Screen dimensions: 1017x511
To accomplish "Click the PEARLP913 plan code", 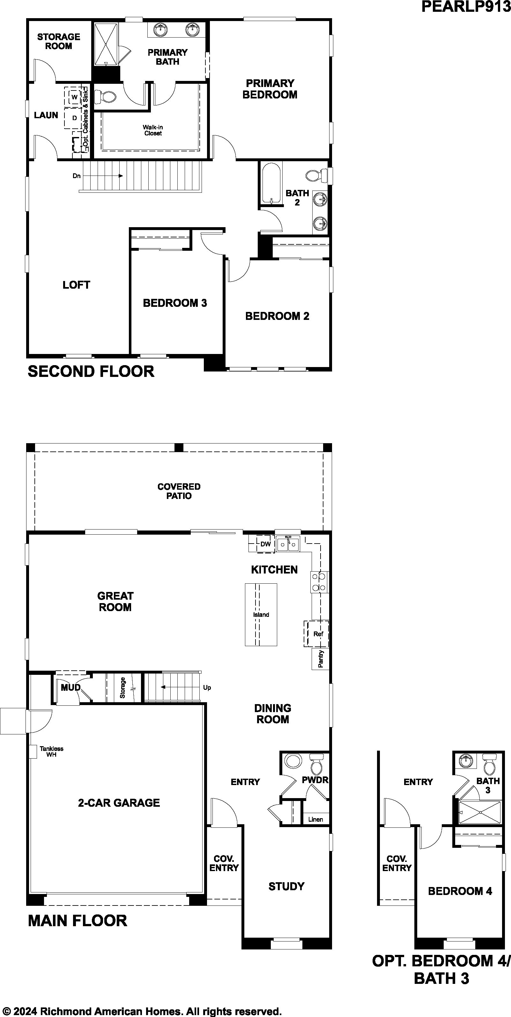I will [x=466, y=7].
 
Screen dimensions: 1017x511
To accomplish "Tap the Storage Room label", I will [x=58, y=41].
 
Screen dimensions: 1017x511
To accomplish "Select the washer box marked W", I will [x=74, y=96].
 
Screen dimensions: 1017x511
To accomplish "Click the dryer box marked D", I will [x=74, y=118].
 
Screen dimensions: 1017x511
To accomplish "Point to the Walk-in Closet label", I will [x=153, y=130].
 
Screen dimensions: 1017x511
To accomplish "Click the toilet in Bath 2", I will [x=316, y=176].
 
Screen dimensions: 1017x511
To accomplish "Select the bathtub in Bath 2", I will [x=271, y=184].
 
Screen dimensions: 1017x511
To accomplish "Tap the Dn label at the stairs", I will [x=76, y=176].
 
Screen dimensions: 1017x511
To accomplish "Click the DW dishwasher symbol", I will [x=266, y=544].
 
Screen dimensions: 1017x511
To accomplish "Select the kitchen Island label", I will [x=261, y=615].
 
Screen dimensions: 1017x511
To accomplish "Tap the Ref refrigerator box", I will [x=318, y=634].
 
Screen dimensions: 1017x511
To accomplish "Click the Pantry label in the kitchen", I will [x=321, y=659].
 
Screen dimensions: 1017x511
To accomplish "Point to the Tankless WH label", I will [x=51, y=751].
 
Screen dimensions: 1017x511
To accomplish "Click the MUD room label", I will [x=70, y=688].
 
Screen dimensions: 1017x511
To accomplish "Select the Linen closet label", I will [x=315, y=819].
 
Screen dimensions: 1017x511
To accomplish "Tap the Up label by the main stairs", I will [x=207, y=688].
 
